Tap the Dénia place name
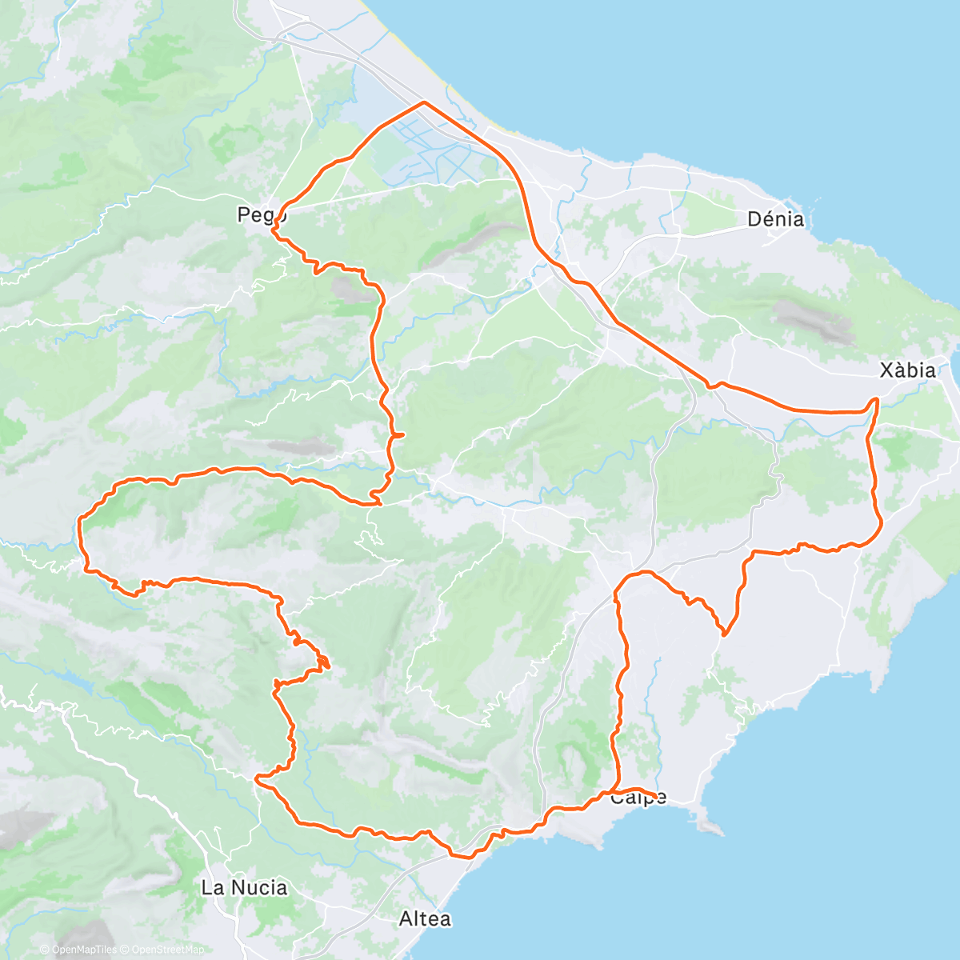[x=774, y=218]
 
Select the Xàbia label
[x=907, y=370]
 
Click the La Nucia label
[x=244, y=887]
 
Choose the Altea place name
[x=424, y=919]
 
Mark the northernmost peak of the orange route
[x=423, y=102]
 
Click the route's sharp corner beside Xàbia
[x=878, y=398]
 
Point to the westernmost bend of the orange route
[x=80, y=520]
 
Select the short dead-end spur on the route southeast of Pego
[x=400, y=434]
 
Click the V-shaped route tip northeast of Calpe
[x=724, y=634]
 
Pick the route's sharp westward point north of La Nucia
[x=256, y=777]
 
